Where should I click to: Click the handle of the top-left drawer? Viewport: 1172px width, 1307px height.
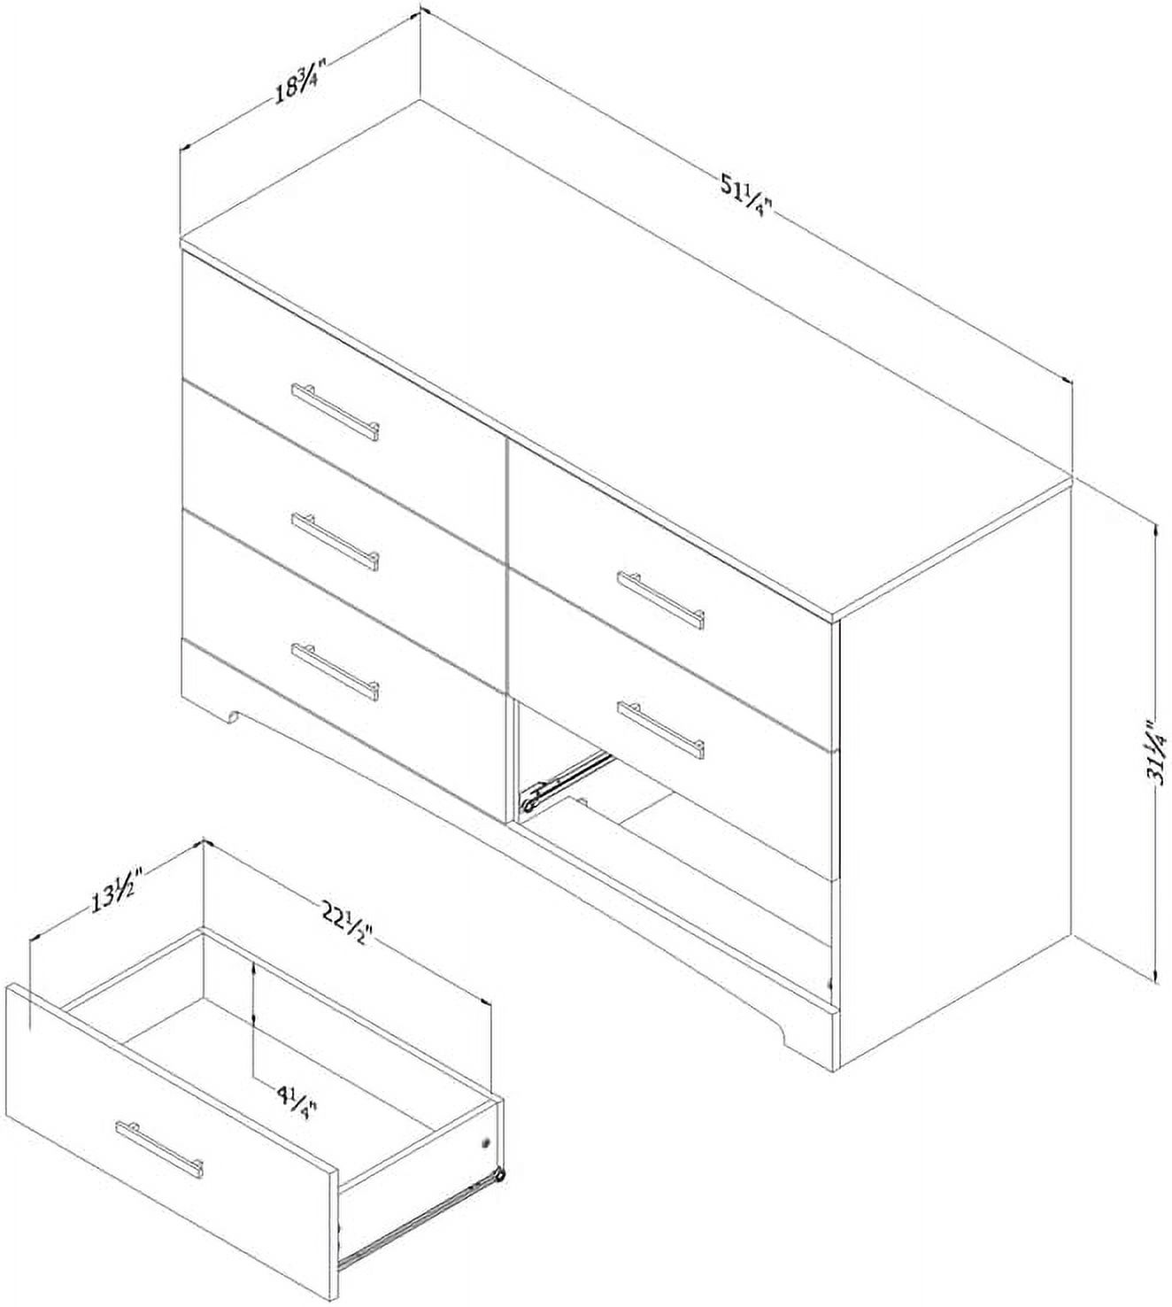(x=335, y=411)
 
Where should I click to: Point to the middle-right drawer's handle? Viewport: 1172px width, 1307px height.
(x=660, y=726)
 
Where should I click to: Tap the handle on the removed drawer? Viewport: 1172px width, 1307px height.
(x=158, y=1149)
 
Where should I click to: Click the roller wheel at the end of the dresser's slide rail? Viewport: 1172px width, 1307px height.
(x=529, y=802)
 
